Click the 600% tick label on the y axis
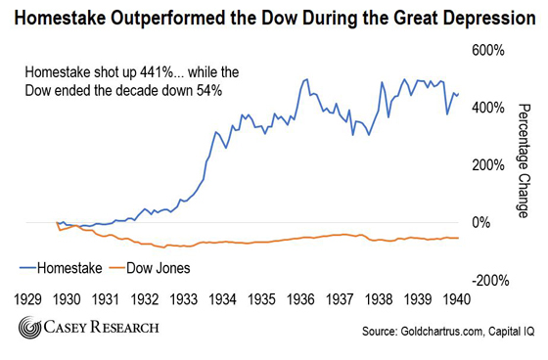click(489, 50)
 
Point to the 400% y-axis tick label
click(489, 108)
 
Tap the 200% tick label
click(489, 164)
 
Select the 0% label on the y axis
click(494, 222)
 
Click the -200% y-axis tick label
click(486, 280)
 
